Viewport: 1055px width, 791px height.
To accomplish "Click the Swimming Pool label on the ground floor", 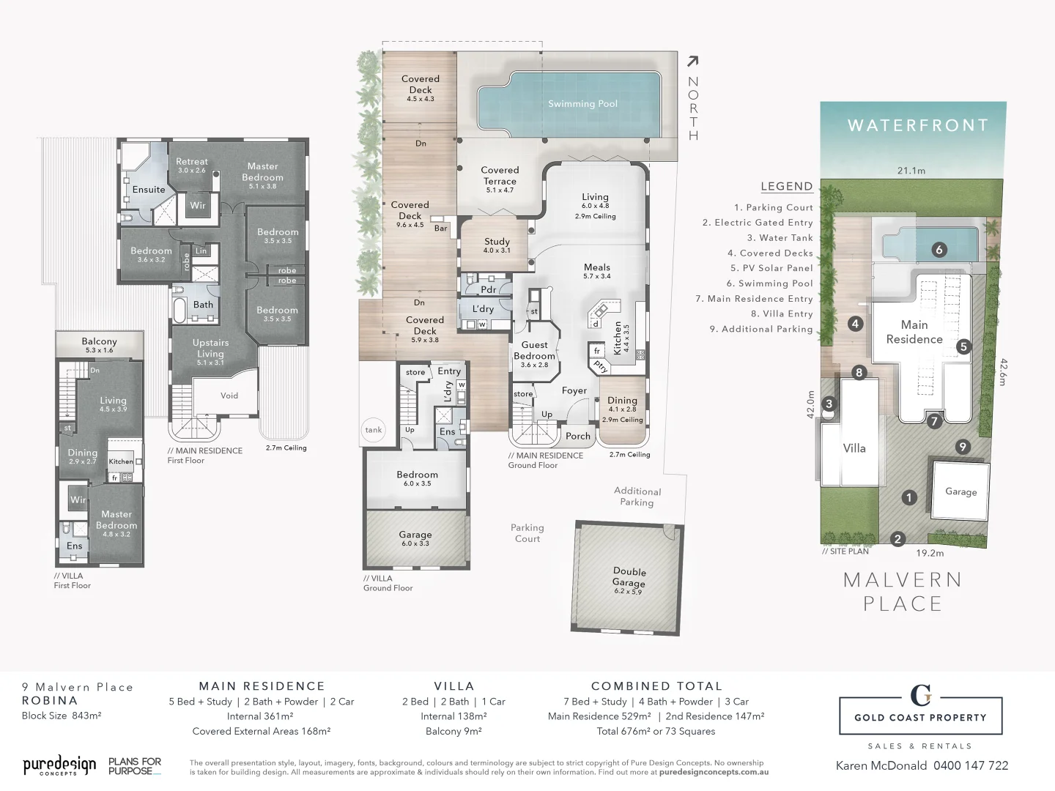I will (x=582, y=104).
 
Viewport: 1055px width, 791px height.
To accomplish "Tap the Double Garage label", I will (x=629, y=577).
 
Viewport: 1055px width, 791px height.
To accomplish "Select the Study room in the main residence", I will (x=497, y=242).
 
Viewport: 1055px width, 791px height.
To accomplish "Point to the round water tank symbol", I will (x=374, y=430).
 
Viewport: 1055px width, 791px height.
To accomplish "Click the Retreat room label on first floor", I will (x=192, y=162).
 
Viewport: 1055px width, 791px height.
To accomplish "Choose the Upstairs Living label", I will (x=210, y=348).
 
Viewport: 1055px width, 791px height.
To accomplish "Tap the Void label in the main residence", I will (x=229, y=395).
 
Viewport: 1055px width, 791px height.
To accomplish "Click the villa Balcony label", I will (x=99, y=342).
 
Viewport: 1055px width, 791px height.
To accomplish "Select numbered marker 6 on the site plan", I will (x=939, y=250).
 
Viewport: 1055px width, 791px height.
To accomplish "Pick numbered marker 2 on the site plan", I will (x=898, y=539).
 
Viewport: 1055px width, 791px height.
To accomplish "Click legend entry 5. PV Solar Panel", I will (x=771, y=268).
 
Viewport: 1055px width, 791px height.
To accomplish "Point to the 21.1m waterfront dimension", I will (x=911, y=171).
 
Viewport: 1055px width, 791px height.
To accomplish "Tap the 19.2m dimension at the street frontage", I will (x=930, y=554).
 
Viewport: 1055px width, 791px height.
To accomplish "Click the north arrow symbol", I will (x=692, y=62).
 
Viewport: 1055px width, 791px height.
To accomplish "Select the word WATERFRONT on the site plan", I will (x=918, y=126).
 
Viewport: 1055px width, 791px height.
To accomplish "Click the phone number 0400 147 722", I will (x=971, y=765).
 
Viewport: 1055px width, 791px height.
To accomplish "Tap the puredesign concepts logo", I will (x=59, y=766).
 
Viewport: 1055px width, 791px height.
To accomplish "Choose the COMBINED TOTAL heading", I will (x=656, y=686).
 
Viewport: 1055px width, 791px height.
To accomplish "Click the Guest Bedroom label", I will (x=534, y=351).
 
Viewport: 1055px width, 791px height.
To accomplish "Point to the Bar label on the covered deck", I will (x=440, y=228).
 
